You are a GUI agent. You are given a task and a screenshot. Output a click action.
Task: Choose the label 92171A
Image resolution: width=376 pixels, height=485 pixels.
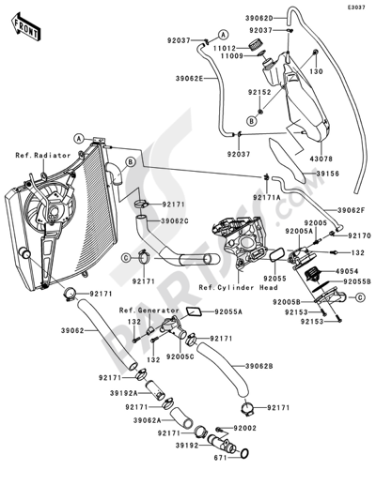(269, 199)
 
